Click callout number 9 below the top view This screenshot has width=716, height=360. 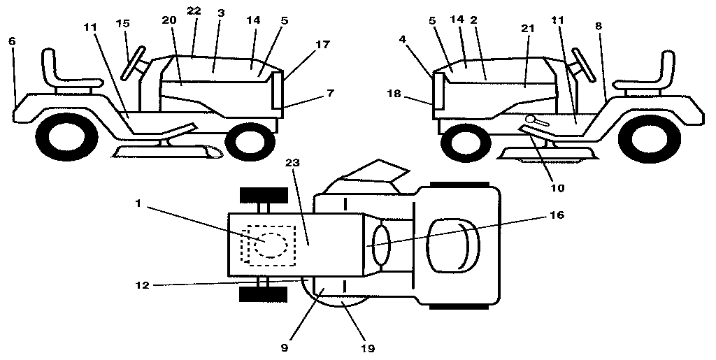pos(285,345)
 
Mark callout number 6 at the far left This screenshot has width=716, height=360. pos(11,41)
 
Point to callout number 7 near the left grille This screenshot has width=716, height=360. pos(310,93)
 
